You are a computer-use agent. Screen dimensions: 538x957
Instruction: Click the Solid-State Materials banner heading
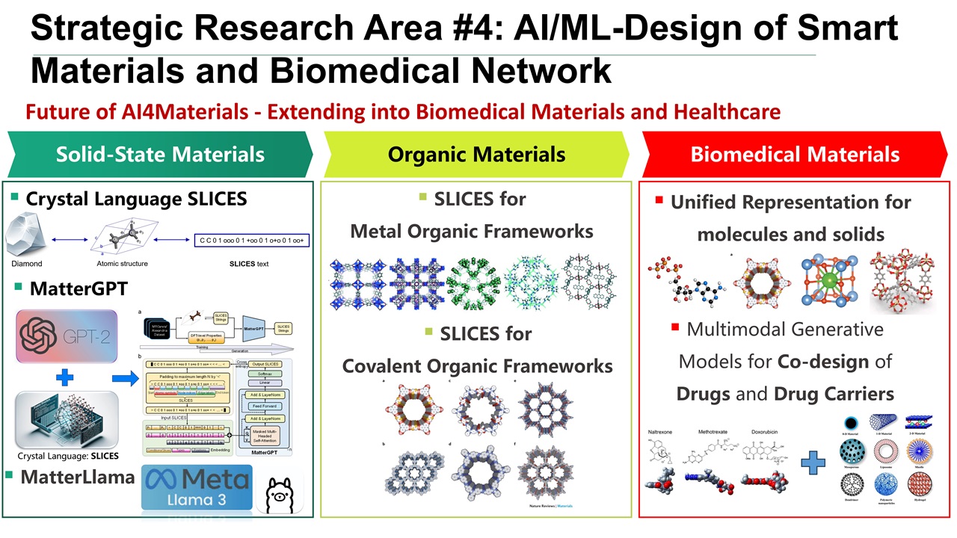point(160,155)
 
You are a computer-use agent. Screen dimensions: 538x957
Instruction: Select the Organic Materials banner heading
point(476,155)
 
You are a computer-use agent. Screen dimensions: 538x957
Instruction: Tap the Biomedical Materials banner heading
point(795,155)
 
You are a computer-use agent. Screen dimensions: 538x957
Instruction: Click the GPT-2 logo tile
point(67,337)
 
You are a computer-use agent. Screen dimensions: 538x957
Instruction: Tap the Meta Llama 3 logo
point(196,486)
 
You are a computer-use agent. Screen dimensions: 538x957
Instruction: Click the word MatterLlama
point(78,477)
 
